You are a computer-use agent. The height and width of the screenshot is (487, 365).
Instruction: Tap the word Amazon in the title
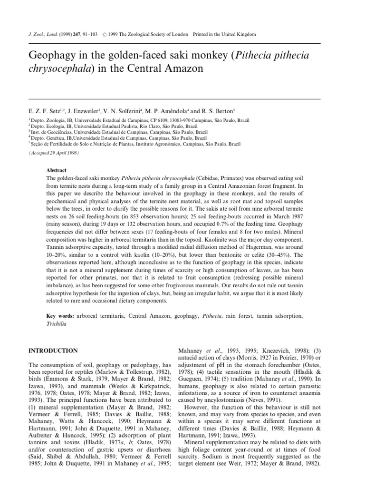(x=183, y=68)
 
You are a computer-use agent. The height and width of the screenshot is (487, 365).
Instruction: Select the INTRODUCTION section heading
(x=53, y=351)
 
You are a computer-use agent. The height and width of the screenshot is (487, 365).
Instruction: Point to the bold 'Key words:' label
(x=60, y=316)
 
